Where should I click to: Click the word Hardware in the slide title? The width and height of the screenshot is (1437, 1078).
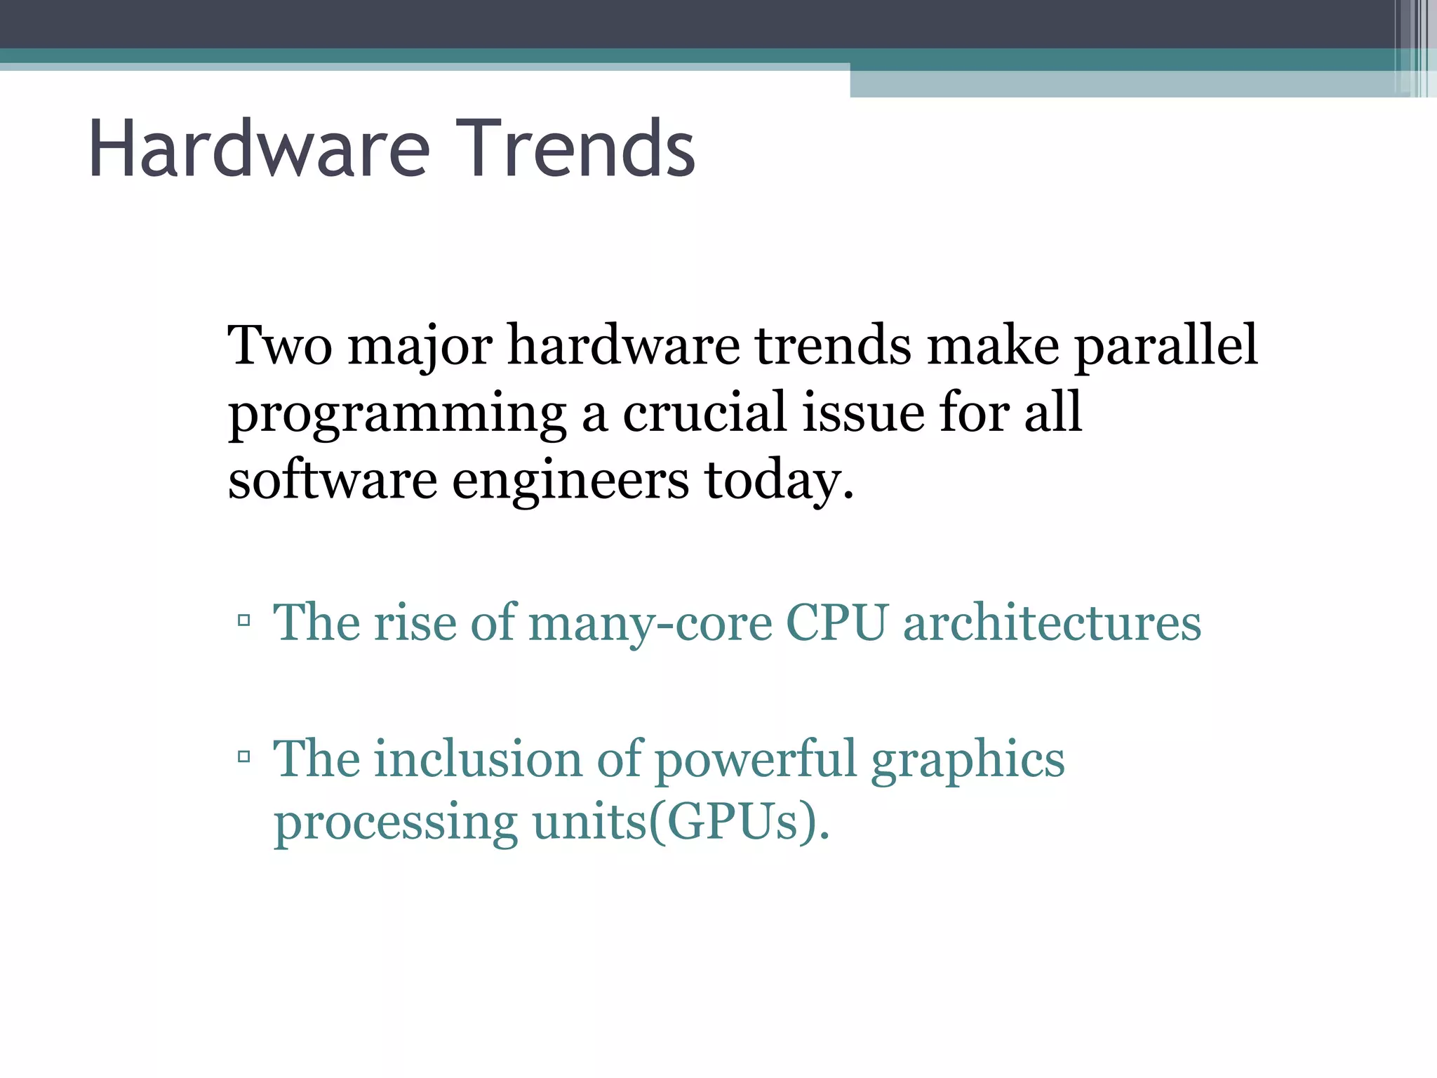(259, 149)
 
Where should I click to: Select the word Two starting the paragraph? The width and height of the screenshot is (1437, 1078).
(280, 345)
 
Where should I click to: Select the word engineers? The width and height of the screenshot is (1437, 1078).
(570, 483)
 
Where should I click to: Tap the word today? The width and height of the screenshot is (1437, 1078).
(779, 481)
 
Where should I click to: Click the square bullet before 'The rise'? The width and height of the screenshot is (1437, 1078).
(243, 620)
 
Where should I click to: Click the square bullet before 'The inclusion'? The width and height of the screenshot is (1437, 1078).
(243, 757)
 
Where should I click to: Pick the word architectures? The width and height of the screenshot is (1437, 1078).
(1052, 622)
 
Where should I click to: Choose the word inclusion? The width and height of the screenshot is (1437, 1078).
(478, 759)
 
